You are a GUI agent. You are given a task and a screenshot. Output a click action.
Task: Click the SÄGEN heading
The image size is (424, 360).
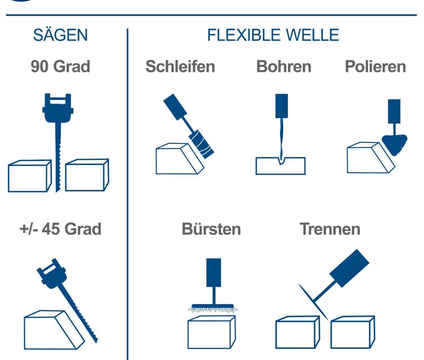click(x=60, y=35)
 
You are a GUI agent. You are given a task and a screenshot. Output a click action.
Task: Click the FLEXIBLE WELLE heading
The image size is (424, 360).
click(x=273, y=35)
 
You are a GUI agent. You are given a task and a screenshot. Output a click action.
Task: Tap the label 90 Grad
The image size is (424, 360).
click(x=60, y=66)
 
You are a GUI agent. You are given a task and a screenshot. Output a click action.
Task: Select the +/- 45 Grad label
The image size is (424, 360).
click(x=60, y=229)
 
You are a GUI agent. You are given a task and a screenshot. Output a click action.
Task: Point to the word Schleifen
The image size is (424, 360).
click(x=180, y=66)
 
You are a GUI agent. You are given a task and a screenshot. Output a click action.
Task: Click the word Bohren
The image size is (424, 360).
click(x=284, y=66)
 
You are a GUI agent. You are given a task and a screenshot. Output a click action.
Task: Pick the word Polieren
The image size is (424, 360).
click(x=375, y=66)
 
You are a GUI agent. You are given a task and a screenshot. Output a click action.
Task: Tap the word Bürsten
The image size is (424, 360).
click(x=211, y=229)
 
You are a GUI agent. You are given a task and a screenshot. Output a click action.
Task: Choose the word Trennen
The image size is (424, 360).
click(x=330, y=229)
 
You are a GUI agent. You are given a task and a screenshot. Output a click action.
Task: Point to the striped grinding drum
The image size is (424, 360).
click(x=201, y=144)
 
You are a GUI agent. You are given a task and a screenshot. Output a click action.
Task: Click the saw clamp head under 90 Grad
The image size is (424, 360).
click(x=58, y=108)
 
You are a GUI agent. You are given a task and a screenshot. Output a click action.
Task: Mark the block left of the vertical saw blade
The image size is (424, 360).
click(x=30, y=176)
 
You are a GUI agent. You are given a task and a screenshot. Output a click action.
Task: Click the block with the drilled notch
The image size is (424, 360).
click(x=280, y=166)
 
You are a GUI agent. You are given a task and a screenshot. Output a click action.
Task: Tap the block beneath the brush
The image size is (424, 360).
click(x=212, y=332)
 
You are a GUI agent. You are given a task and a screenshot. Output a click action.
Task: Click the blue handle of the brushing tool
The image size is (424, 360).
click(x=214, y=272)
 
